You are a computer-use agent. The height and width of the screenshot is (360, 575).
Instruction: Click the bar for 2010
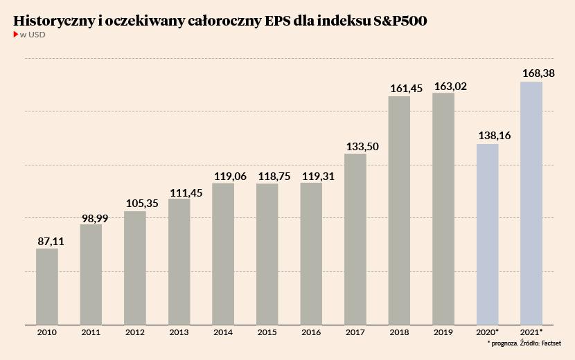[47, 286]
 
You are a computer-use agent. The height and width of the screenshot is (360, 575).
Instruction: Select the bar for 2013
[179, 261]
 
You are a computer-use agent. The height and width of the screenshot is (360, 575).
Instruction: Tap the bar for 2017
[355, 238]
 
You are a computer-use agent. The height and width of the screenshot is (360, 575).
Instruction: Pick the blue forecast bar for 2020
[488, 233]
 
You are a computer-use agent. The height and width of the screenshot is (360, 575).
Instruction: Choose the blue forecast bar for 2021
[531, 202]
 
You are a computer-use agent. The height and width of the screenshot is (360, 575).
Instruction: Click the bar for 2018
[400, 210]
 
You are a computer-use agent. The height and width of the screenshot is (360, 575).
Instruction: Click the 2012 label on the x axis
[135, 333]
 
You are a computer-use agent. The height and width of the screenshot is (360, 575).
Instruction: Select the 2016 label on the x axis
[311, 333]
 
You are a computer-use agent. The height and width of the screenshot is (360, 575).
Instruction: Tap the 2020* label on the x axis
[488, 333]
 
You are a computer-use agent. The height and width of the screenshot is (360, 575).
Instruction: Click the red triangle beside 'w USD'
[16, 35]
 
